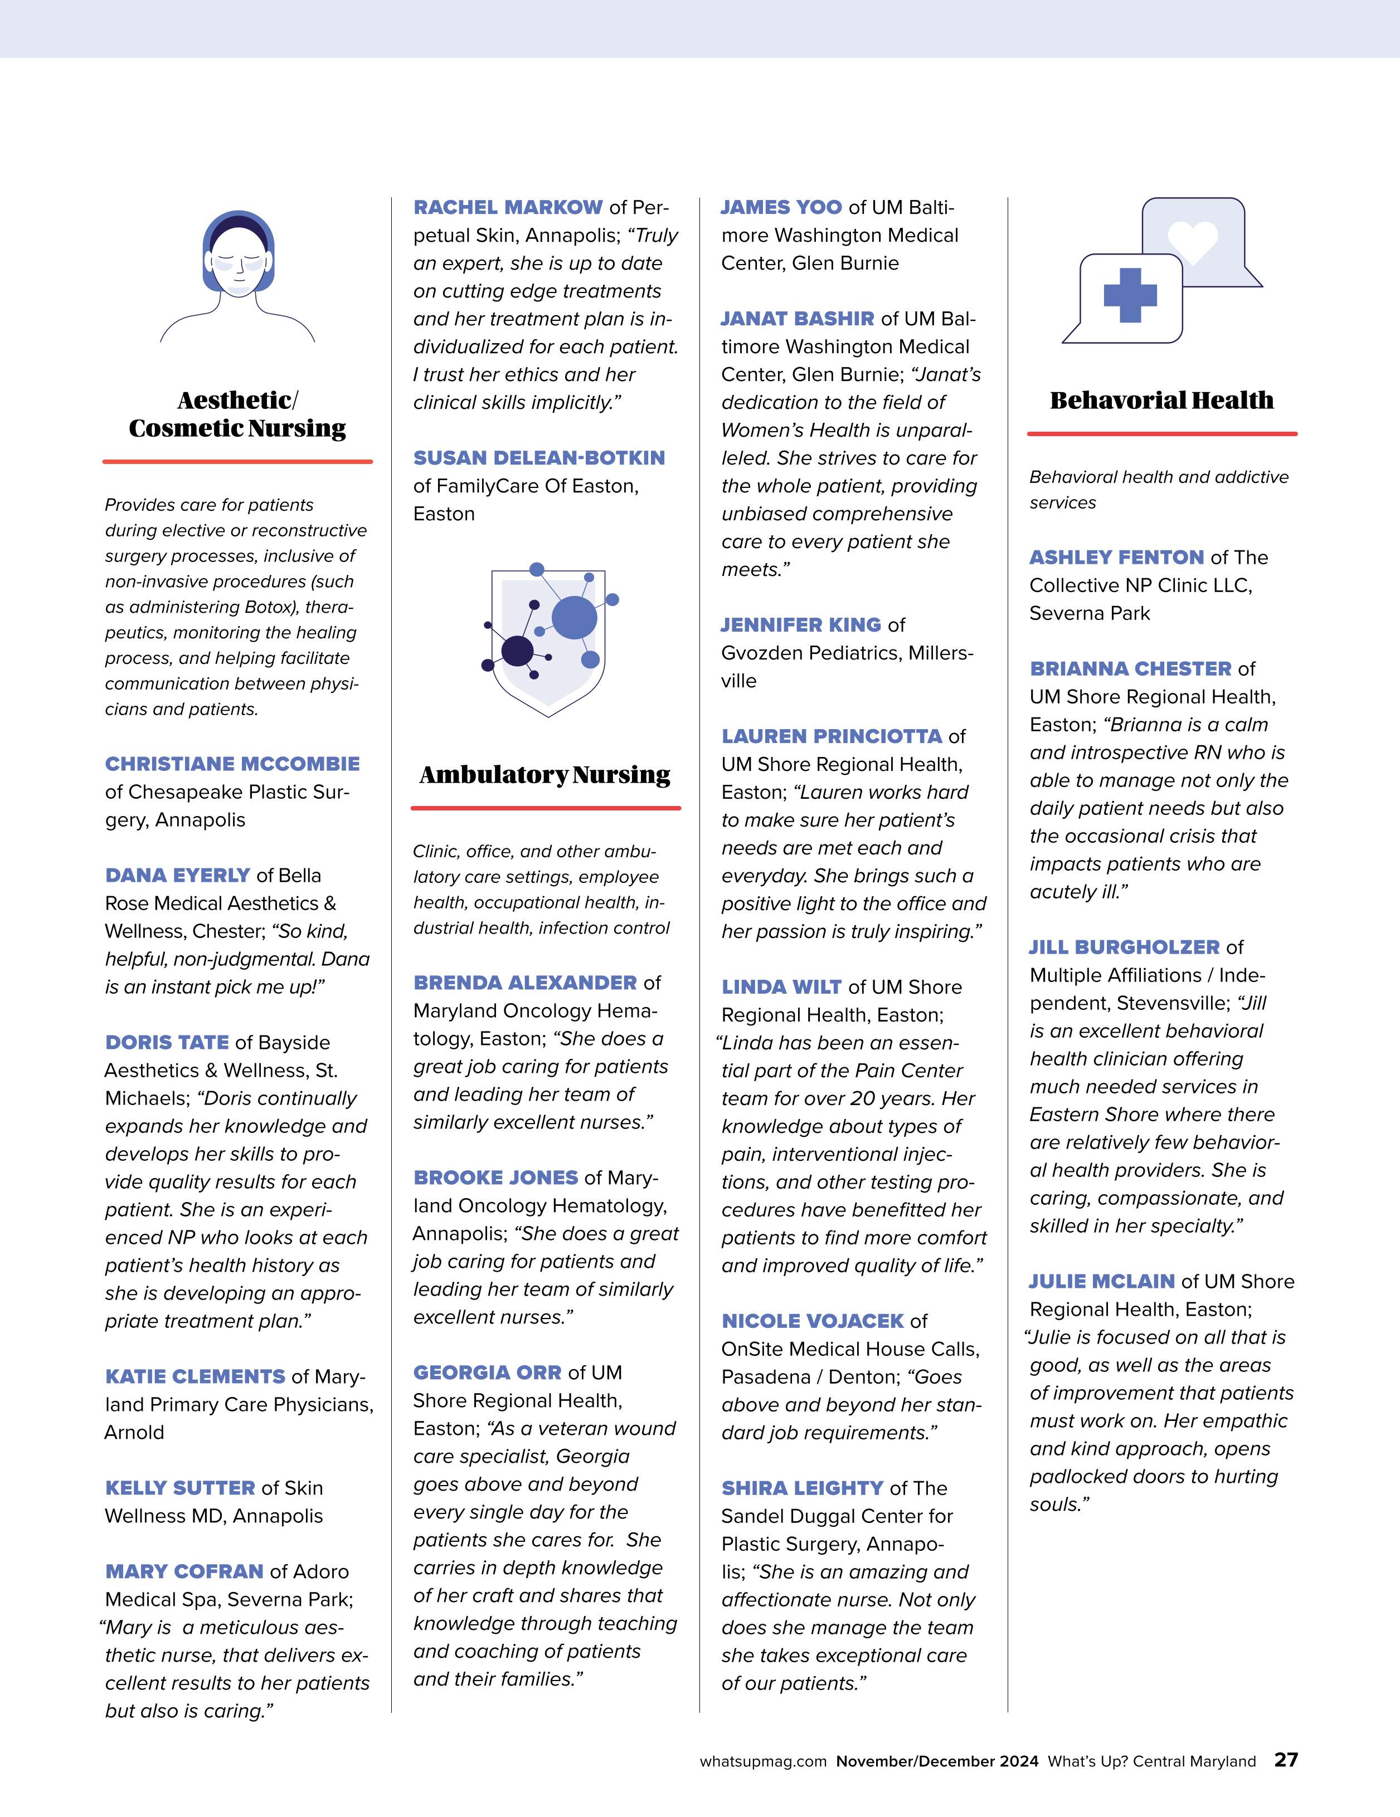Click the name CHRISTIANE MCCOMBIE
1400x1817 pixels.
click(x=232, y=764)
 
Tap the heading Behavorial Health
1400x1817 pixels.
click(x=1161, y=400)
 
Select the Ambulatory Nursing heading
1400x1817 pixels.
click(x=545, y=775)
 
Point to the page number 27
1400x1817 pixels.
click(x=1286, y=1760)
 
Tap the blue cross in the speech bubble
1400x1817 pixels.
click(x=1130, y=295)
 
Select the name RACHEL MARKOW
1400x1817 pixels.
click(x=508, y=207)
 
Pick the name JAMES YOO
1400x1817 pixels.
click(x=781, y=207)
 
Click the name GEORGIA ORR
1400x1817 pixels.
click(x=487, y=1372)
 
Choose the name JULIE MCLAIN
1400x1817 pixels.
click(x=1101, y=1281)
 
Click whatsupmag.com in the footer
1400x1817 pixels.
click(x=762, y=1761)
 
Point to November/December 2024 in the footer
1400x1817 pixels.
click(x=937, y=1761)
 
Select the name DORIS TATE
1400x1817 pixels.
click(x=167, y=1042)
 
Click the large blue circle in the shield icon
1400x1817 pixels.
click(x=574, y=617)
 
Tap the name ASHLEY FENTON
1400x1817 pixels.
click(x=1116, y=558)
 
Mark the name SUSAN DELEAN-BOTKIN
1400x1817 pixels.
click(x=538, y=457)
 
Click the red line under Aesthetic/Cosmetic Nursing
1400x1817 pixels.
click(x=237, y=461)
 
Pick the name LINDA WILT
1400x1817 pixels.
click(x=781, y=986)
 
